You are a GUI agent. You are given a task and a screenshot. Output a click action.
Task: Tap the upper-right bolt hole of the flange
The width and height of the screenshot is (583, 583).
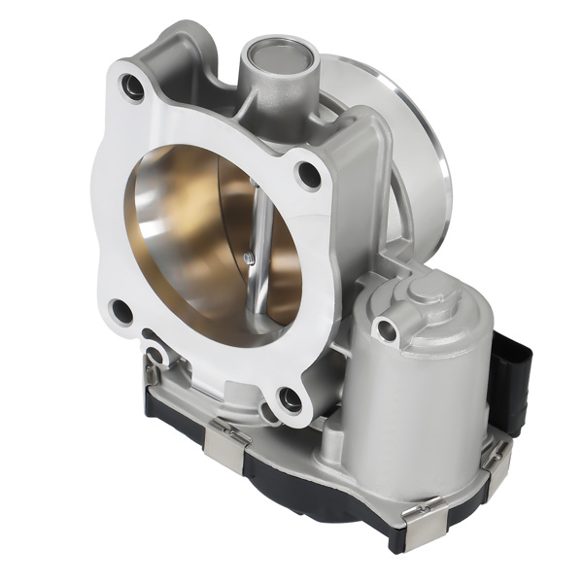tap(310, 175)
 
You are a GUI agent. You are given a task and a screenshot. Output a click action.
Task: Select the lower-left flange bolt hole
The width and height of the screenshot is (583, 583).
tap(121, 312)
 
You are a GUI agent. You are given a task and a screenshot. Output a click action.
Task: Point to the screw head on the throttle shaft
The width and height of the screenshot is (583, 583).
tap(252, 257)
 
